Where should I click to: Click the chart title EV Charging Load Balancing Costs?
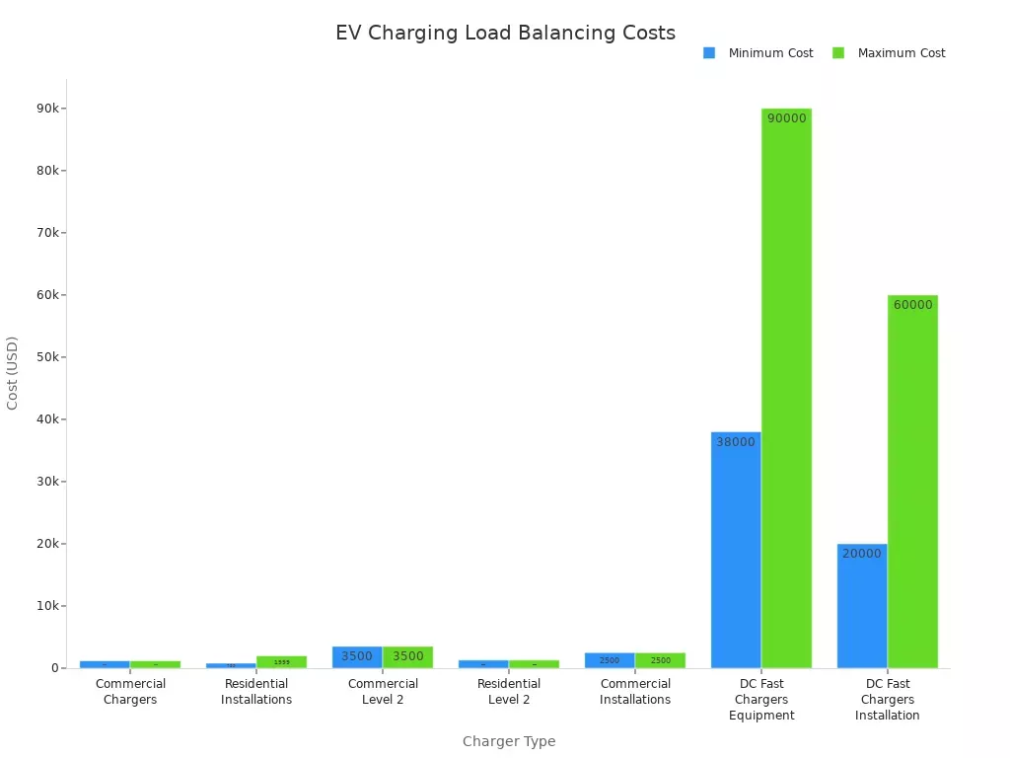click(x=505, y=33)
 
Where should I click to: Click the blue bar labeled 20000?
click(x=862, y=607)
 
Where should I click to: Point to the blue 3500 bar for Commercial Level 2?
click(x=357, y=657)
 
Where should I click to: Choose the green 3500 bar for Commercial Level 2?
click(x=407, y=657)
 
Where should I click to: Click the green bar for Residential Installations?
click(x=281, y=662)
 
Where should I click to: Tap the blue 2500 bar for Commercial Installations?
click(x=610, y=660)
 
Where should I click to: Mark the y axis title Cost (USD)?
click(x=13, y=373)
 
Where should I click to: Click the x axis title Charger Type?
click(x=509, y=741)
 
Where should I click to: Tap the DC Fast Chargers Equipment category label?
click(x=761, y=700)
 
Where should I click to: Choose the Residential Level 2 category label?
click(x=509, y=692)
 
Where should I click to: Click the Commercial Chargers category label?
click(x=130, y=692)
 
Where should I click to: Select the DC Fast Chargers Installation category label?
click(x=888, y=700)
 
